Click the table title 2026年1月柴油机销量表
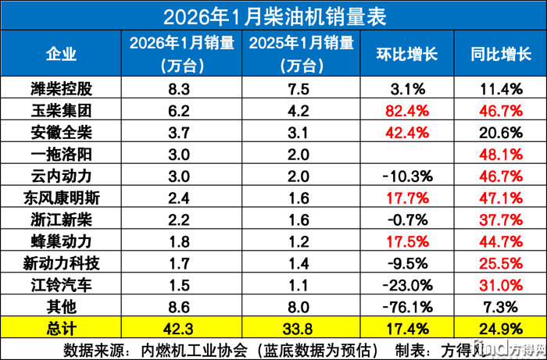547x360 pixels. coord(273,15)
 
